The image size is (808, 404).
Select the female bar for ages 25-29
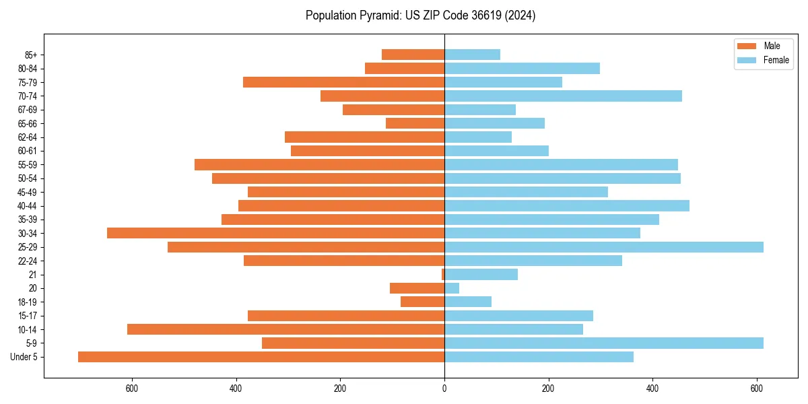coord(604,247)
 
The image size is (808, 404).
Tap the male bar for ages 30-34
coord(275,233)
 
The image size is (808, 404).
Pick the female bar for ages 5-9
coord(604,343)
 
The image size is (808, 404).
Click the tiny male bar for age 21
coord(443,275)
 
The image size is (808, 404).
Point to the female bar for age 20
coord(452,288)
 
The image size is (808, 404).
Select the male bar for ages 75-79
coord(343,82)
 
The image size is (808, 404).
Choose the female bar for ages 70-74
coord(563,96)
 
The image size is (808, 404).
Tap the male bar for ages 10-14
coord(285,329)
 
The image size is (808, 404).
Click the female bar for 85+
coord(472,55)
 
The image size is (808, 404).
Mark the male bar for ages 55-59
coord(319,165)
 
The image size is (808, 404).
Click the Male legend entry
coord(771,46)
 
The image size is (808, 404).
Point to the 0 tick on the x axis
coord(444,389)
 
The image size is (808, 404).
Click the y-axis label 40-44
coord(27,206)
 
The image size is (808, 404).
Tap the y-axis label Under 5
coord(24,357)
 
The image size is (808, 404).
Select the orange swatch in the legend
coord(747,46)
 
